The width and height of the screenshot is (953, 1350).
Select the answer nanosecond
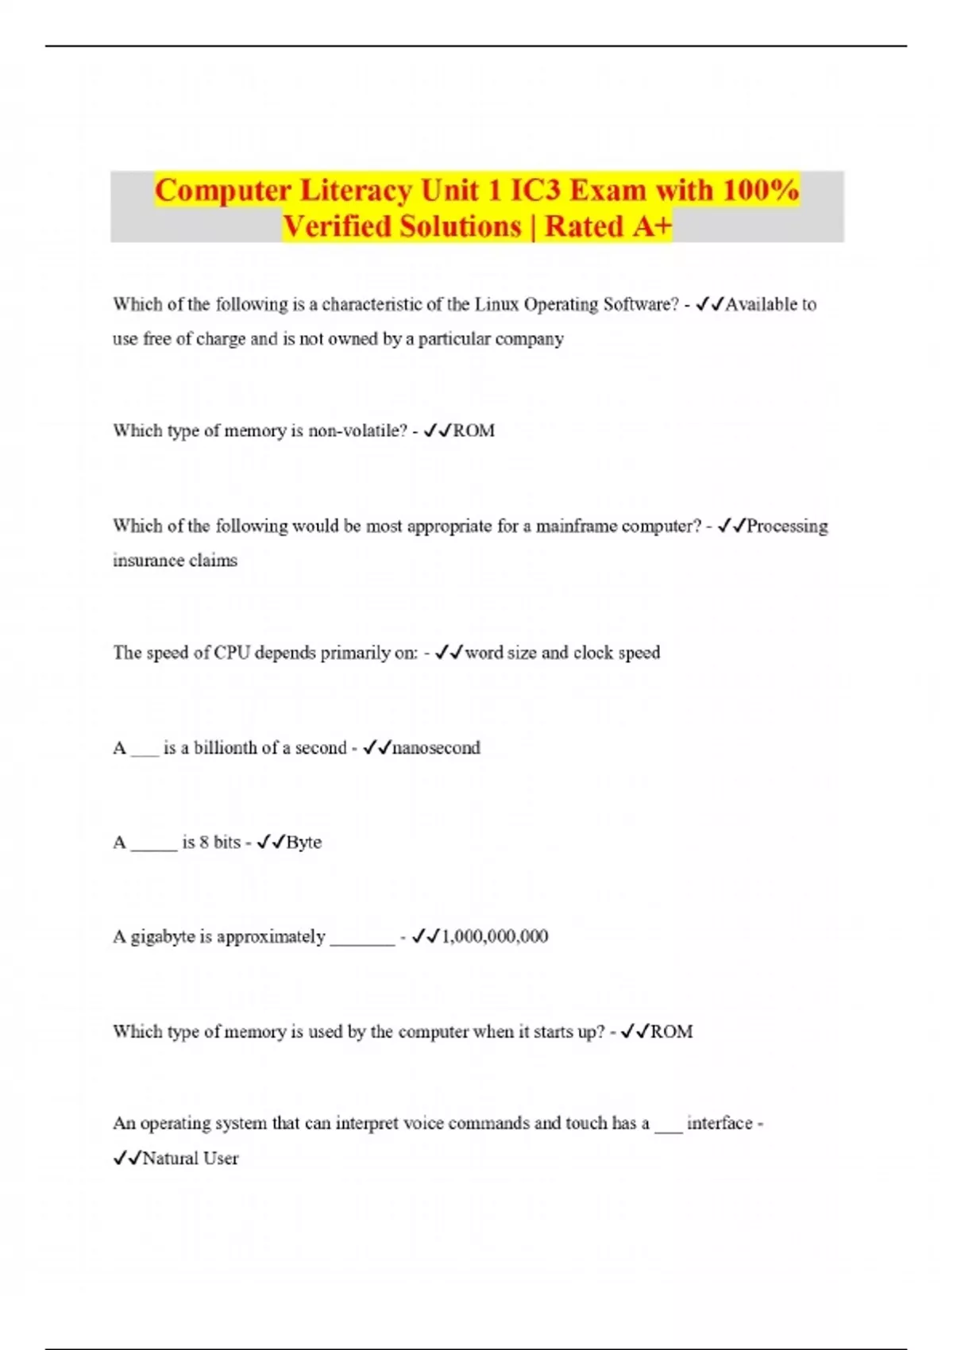pyautogui.click(x=436, y=748)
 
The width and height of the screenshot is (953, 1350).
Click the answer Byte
pyautogui.click(x=303, y=843)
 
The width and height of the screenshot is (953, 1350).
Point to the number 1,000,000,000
pyautogui.click(x=495, y=937)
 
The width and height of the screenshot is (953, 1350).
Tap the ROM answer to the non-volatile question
pyautogui.click(x=474, y=431)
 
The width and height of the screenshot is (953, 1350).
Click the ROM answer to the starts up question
pyautogui.click(x=672, y=1032)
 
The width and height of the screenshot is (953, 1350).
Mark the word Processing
pyautogui.click(x=787, y=526)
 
